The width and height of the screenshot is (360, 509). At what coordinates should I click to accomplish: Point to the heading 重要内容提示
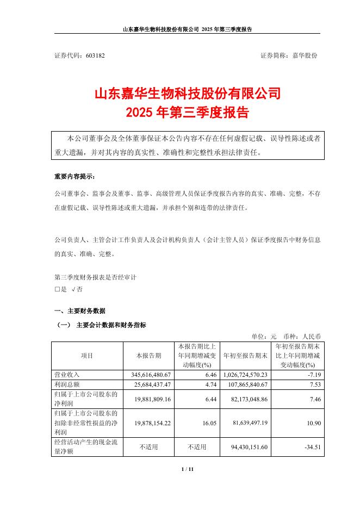coord(74,177)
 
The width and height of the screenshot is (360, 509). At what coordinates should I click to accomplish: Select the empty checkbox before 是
coord(57,289)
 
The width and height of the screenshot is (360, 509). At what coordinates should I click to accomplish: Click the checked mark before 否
coord(74,289)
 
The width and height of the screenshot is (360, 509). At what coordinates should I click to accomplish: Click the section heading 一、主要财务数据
coord(79,311)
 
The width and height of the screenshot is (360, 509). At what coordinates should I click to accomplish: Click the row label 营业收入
coord(67,375)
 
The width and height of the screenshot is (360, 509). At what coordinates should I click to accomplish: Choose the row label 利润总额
coord(67,385)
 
